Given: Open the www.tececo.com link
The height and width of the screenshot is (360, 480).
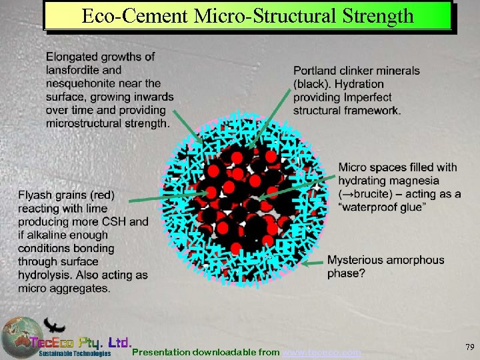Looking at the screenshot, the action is tap(323, 351).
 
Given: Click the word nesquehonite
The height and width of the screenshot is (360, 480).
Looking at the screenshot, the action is tap(79, 83).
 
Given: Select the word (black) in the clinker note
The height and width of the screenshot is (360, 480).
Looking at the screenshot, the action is tap(311, 84).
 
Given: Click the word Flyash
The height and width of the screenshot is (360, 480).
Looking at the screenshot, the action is tap(35, 195).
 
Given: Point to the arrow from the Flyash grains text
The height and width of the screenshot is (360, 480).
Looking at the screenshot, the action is tap(157, 199).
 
